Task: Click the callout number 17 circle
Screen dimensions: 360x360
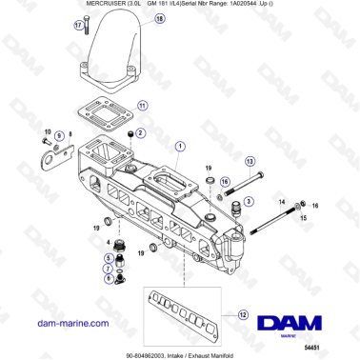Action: [x=79, y=27]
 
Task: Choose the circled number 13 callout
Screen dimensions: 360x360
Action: [x=250, y=162]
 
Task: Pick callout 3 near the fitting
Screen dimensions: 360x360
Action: [x=249, y=201]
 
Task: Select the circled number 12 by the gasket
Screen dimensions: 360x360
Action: [x=244, y=315]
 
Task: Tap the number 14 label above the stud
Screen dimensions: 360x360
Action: [x=281, y=202]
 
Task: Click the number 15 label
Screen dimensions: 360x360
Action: [x=303, y=218]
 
